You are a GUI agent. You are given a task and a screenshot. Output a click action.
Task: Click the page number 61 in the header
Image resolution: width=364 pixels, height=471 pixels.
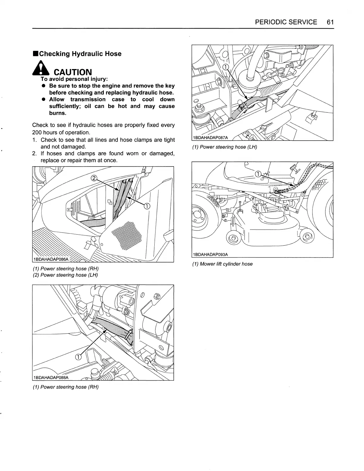point(330,22)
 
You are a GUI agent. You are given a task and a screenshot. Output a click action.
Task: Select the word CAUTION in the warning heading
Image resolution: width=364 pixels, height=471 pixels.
point(72,72)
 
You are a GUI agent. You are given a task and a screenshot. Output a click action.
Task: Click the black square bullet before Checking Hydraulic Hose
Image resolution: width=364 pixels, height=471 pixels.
point(35,54)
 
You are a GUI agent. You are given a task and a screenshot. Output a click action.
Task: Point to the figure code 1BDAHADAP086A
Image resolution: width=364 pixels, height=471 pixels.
point(51,259)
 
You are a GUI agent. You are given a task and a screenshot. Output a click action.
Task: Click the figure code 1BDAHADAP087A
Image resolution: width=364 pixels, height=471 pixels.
point(210,137)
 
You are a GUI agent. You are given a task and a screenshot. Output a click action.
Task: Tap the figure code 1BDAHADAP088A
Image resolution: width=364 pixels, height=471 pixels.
point(51,378)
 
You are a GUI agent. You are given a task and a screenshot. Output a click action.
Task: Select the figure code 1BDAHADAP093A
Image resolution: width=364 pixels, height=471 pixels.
point(210,254)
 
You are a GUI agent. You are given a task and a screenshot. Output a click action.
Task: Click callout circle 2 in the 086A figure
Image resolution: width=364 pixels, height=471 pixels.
point(94,178)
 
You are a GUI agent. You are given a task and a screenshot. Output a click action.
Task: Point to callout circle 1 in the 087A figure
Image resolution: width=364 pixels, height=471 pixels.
point(226,67)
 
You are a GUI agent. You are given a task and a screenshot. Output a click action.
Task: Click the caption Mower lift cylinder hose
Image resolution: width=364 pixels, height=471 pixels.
point(226,264)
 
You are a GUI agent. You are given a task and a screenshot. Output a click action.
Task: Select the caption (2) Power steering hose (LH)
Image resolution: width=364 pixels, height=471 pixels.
point(65,275)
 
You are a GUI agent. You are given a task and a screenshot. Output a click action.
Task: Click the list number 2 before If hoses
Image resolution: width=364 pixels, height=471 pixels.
point(34,153)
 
